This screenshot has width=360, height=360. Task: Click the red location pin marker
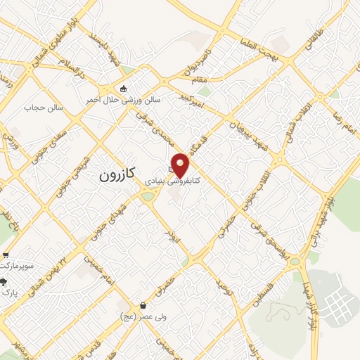click(181, 165)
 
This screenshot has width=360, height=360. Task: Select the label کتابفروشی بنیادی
click(172, 181)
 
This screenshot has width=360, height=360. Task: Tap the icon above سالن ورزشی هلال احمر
click(124, 89)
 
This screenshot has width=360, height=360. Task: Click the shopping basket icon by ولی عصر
click(144, 306)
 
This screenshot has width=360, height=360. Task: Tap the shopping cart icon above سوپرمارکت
click(6, 255)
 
